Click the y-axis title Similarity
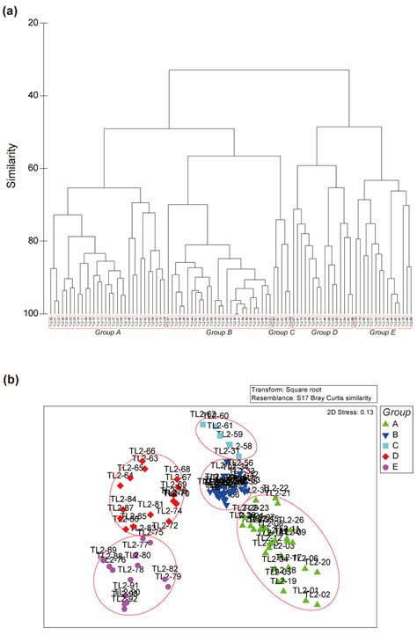click(11, 167)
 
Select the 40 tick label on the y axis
click(32, 95)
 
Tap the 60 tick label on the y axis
click(32, 168)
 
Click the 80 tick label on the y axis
click(32, 241)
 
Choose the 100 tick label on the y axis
click(30, 314)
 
